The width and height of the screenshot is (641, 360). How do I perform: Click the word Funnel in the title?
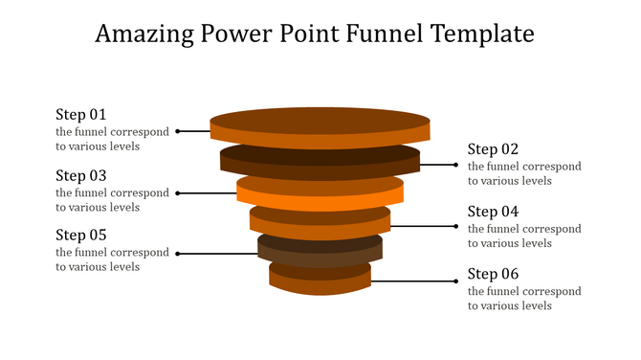[376, 35]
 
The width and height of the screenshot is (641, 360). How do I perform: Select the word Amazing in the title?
[147, 35]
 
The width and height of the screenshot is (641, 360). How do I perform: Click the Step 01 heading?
[81, 115]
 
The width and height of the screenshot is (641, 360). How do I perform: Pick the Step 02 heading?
[493, 149]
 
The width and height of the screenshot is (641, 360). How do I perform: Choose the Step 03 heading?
[81, 175]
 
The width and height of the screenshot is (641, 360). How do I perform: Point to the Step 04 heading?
[493, 212]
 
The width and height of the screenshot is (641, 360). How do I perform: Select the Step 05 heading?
[81, 236]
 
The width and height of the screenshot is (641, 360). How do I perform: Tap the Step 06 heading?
[493, 274]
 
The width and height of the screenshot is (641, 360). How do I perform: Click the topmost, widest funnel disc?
[320, 124]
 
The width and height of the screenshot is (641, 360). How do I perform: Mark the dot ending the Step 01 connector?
[178, 131]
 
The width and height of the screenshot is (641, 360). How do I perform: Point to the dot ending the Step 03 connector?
[178, 193]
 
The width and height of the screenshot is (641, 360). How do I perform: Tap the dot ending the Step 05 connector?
[178, 254]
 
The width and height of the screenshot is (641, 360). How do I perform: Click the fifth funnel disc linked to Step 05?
[320, 251]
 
